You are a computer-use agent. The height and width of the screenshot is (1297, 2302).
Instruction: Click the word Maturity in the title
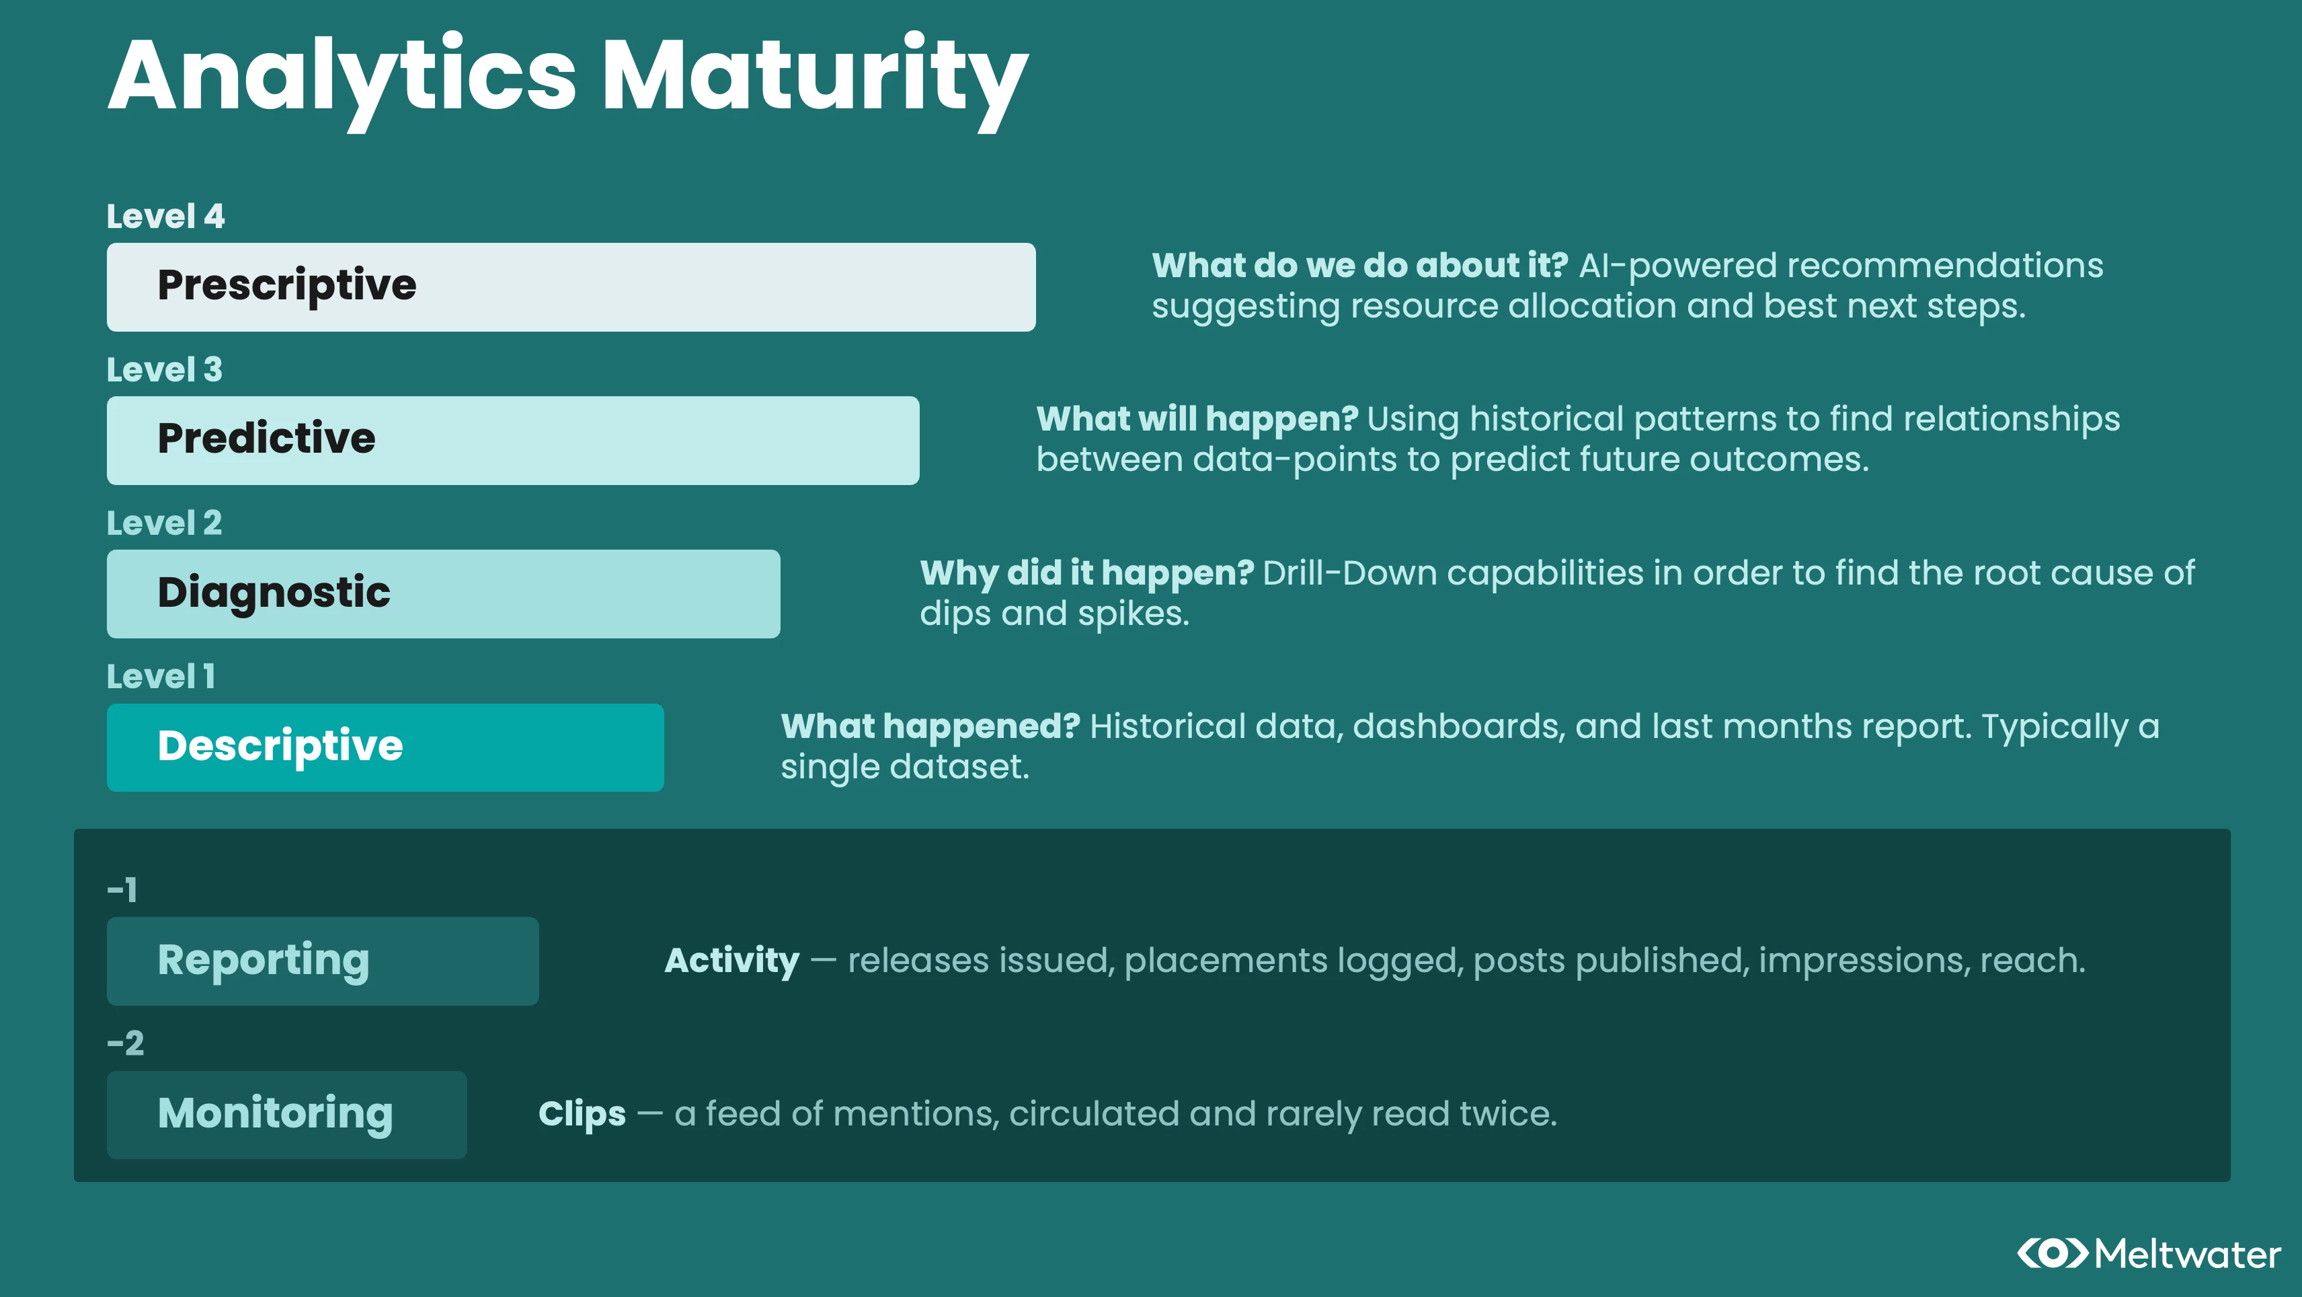click(815, 81)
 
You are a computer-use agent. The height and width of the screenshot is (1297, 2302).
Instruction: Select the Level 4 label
click(165, 217)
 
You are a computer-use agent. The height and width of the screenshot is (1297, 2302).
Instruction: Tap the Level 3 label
click(165, 370)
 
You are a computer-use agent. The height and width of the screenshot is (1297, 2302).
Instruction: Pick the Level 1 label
click(161, 677)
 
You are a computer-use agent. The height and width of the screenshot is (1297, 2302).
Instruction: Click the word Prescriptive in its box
click(287, 285)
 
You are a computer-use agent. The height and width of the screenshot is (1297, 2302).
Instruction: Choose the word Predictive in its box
click(266, 438)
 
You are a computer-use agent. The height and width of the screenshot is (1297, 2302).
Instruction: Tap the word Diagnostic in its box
click(274, 593)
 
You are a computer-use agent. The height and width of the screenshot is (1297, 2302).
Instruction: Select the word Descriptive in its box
click(280, 746)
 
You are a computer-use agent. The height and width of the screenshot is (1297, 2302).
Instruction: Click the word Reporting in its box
click(264, 961)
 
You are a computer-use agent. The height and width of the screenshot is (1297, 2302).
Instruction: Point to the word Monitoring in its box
click(275, 1115)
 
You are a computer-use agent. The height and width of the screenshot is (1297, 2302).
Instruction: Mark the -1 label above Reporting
click(122, 890)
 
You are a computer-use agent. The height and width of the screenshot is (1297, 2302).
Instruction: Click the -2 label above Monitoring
click(125, 1043)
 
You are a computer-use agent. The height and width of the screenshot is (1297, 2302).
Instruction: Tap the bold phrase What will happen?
click(1197, 419)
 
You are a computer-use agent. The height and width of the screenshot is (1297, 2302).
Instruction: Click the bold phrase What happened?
click(931, 727)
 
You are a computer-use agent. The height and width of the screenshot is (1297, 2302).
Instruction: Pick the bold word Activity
click(733, 961)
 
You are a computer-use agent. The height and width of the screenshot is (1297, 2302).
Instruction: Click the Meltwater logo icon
click(2053, 1253)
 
